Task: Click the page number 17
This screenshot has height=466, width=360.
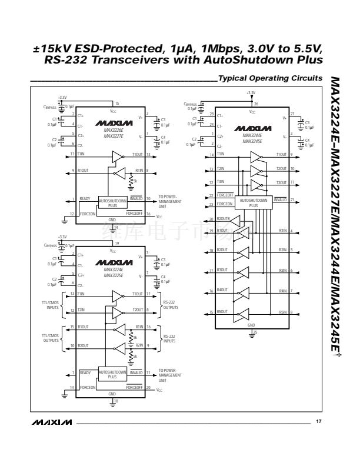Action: [x=318, y=421]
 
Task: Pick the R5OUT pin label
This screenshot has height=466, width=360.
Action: [x=222, y=311]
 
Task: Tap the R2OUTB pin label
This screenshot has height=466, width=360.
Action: [x=224, y=219]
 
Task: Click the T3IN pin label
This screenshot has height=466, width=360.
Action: [x=221, y=183]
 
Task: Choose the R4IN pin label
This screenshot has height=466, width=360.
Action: [x=283, y=291]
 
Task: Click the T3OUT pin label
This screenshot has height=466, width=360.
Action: [x=281, y=183]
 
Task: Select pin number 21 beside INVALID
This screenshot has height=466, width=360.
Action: [x=292, y=199]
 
